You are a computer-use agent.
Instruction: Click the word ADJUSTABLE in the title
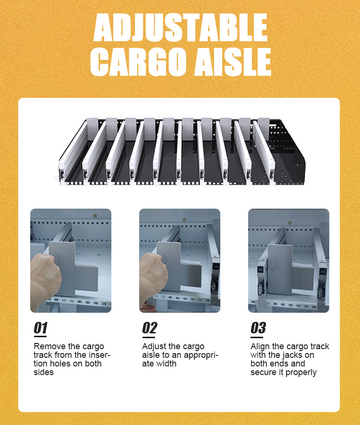click(180, 27)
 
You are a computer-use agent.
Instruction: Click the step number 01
click(40, 328)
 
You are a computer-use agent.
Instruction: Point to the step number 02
click(149, 328)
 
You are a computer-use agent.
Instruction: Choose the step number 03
click(258, 328)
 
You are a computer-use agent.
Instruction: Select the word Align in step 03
click(260, 347)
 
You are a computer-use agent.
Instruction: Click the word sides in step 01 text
click(43, 372)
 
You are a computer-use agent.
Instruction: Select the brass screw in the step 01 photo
click(95, 216)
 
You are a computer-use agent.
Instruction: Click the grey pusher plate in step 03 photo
click(280, 270)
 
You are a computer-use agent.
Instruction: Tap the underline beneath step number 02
click(149, 337)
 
